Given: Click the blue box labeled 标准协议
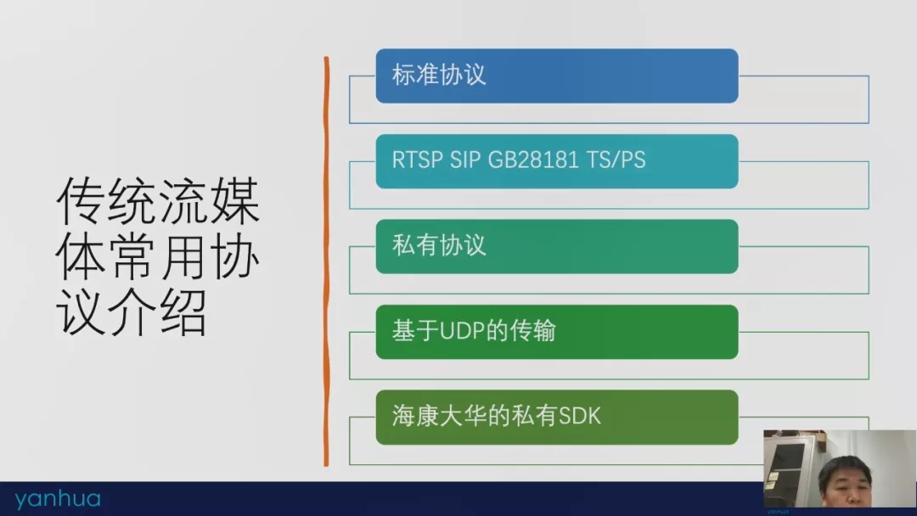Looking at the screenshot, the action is (x=557, y=76).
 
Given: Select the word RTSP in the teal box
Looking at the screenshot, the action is (x=416, y=160).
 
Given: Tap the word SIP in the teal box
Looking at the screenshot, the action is (x=465, y=160).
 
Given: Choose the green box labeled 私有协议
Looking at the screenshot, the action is (x=557, y=247).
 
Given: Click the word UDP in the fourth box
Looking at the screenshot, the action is (x=462, y=331).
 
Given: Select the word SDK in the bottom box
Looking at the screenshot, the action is (x=580, y=417).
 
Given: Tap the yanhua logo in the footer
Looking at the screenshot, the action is (x=58, y=499).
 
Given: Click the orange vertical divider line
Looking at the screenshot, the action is (x=326, y=261).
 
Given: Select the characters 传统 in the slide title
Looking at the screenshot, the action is (x=107, y=202).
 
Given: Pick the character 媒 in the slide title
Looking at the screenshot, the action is (x=235, y=202).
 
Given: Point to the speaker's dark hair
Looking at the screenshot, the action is (x=845, y=466).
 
